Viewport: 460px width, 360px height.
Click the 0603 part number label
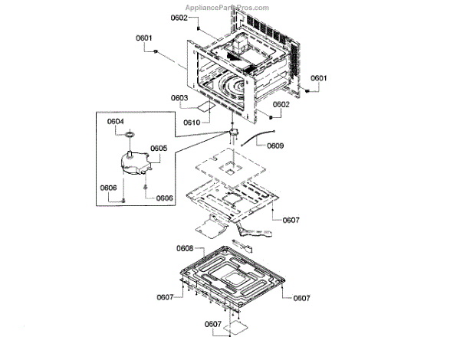pos(179,98)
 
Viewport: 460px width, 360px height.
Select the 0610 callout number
pos(192,123)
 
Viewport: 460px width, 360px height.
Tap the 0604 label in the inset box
pos(116,121)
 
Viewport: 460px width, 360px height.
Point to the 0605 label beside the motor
pos(159,148)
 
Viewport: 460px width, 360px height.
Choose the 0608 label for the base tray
pos(185,249)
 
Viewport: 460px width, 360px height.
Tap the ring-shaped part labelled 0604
pos(130,135)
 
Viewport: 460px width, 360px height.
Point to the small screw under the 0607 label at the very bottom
pos(228,335)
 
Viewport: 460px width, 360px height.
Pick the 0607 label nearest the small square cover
pos(213,324)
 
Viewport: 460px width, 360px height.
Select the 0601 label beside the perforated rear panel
pos(319,78)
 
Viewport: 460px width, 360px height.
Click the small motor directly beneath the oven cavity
pos(229,135)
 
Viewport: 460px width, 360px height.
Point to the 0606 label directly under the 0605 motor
pos(165,198)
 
